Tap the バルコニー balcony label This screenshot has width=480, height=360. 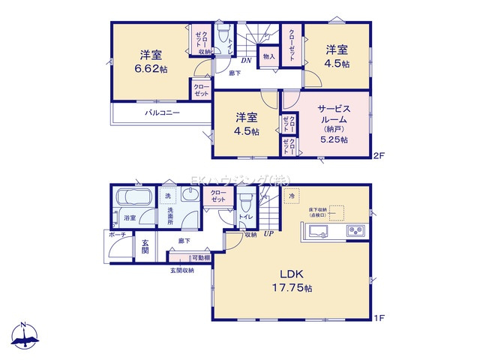point(161,113)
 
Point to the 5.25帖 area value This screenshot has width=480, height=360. point(333,139)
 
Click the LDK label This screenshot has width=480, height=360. point(292,272)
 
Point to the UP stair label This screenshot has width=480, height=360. point(267,234)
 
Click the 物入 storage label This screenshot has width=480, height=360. point(268,57)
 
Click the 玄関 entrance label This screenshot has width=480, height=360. point(145,247)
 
